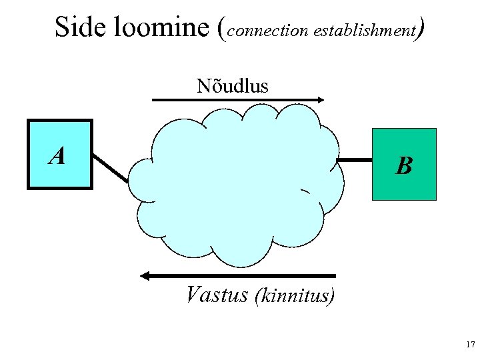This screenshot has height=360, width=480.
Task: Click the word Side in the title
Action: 75,27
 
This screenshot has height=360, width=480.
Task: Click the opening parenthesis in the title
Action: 223,29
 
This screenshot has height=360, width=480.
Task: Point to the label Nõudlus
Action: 232,86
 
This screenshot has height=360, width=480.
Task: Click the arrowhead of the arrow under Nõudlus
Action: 321,100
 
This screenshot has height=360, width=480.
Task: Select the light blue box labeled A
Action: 59,155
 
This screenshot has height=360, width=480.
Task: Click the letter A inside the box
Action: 57,156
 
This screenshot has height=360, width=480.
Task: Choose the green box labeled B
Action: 403,164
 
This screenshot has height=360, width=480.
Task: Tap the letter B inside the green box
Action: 403,165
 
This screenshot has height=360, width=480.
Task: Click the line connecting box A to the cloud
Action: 110,167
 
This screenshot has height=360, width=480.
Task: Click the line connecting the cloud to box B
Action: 354,160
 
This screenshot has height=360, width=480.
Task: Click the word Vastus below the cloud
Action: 218,294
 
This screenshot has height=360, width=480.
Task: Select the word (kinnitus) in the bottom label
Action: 295,295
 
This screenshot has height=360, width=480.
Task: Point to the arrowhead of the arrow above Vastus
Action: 145,275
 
